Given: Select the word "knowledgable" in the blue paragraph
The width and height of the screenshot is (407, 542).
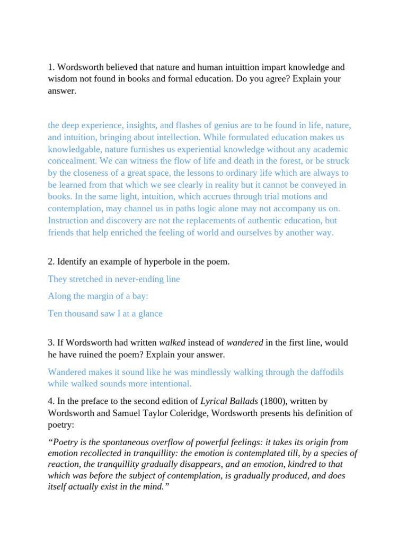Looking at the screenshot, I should tap(73, 149).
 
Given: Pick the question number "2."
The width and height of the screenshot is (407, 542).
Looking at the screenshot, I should tap(51, 261).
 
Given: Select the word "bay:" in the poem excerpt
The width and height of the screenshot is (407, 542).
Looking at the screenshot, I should tap(140, 296).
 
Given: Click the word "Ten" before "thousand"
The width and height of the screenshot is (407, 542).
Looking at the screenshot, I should tap(55, 313).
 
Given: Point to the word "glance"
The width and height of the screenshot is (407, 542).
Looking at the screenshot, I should tap(150, 313).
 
